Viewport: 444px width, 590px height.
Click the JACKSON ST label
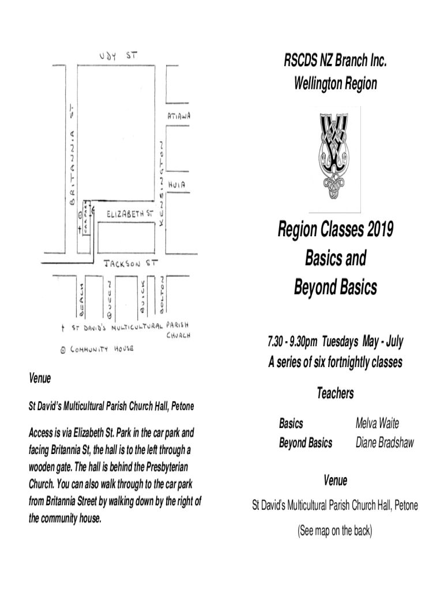click(131, 264)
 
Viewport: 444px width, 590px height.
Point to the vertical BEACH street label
click(82, 300)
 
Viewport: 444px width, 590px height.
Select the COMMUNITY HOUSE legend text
click(102, 350)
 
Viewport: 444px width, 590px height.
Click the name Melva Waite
click(377, 423)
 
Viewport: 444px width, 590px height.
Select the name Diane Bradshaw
click(385, 442)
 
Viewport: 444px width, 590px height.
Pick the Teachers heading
click(335, 394)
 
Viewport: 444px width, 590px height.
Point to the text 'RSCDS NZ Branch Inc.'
click(334, 60)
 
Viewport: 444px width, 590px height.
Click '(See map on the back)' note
click(335, 531)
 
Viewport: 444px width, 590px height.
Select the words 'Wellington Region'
click(335, 84)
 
